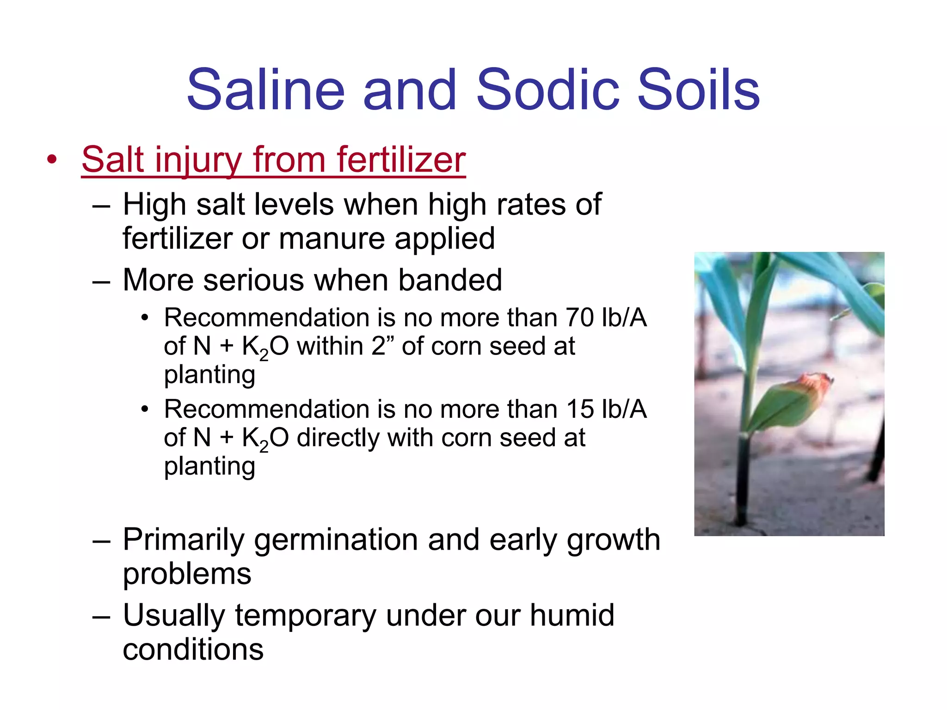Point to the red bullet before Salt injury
point(52,160)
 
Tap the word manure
point(332,239)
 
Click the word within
point(330,346)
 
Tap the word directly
point(337,438)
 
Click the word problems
point(187,574)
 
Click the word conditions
point(193,649)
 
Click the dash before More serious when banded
point(101,281)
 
